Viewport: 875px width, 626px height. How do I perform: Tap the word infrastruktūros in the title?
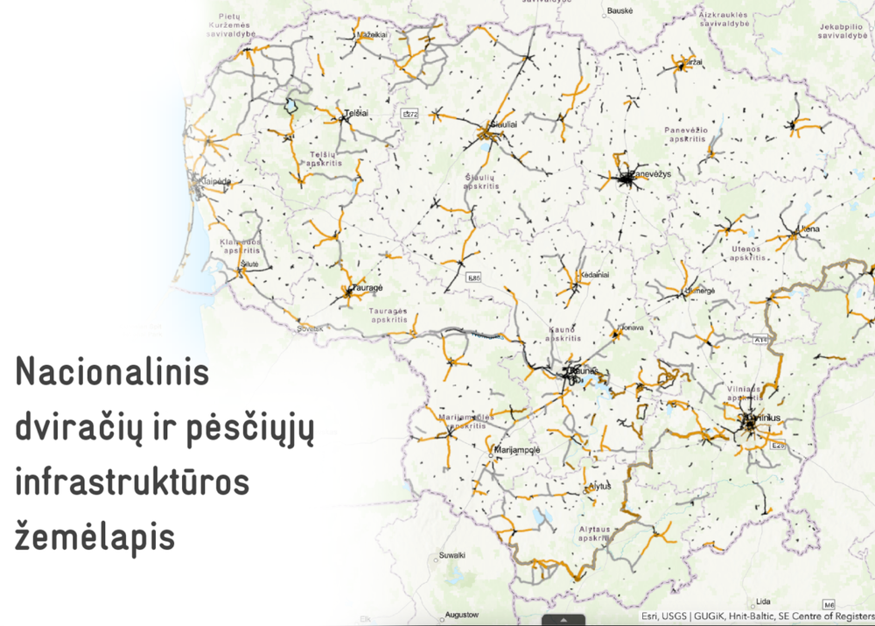tap(132, 482)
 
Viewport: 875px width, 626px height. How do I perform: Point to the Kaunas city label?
tap(582, 371)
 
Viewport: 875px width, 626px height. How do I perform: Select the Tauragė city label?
tap(363, 287)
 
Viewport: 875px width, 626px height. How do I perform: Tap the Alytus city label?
tap(599, 486)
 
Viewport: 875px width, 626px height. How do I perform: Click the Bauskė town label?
tap(619, 13)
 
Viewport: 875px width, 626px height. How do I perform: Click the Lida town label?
tap(765, 601)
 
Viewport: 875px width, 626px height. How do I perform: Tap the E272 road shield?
tap(410, 115)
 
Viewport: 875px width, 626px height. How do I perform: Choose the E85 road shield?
tap(474, 278)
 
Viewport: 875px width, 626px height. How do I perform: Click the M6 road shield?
tap(829, 604)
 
